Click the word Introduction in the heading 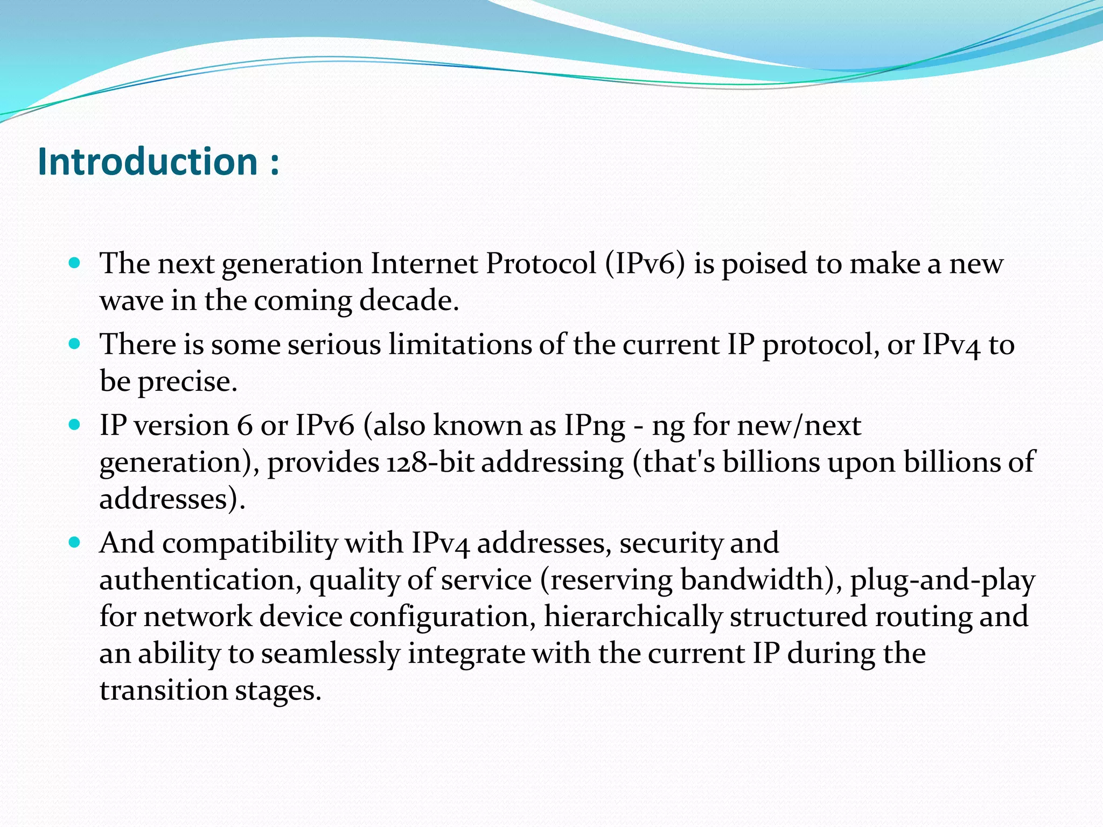(148, 162)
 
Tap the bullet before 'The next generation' (75, 263)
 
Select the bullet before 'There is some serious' (75, 344)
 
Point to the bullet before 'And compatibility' (75, 542)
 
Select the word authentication (200, 580)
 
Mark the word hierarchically (632, 617)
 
